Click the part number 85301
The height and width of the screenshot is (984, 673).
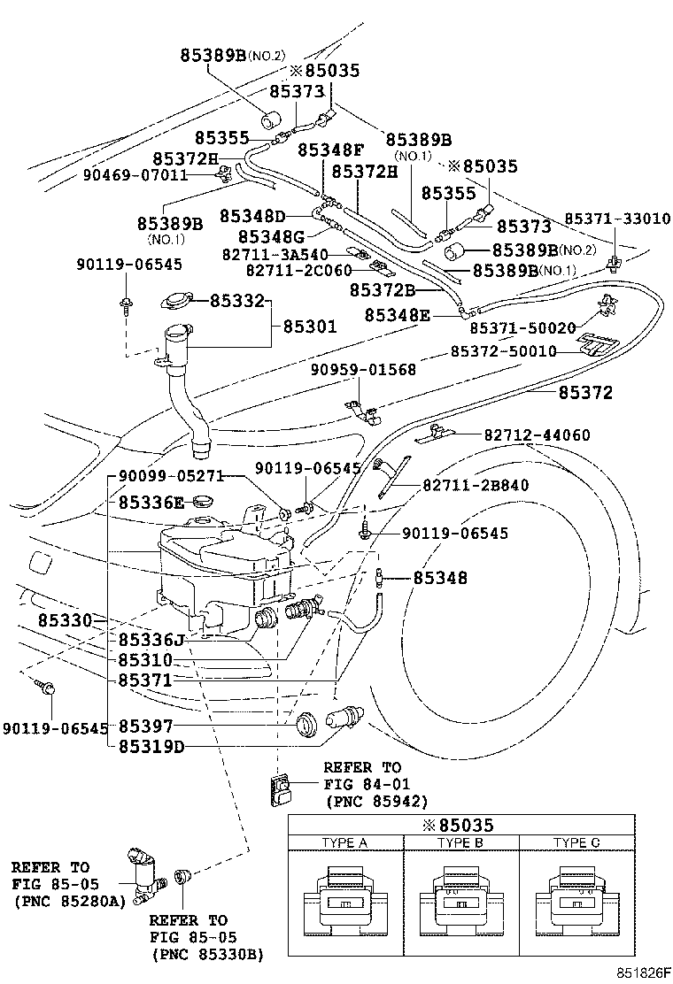pyautogui.click(x=310, y=327)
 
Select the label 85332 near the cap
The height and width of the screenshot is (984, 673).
pyautogui.click(x=237, y=301)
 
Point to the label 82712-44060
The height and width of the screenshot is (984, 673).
pyautogui.click(x=537, y=435)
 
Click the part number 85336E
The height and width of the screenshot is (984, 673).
pyautogui.click(x=151, y=502)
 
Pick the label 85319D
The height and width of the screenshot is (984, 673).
pyautogui.click(x=151, y=745)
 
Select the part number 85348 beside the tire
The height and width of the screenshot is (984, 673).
pyautogui.click(x=440, y=578)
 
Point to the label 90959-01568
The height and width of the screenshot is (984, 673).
pyautogui.click(x=363, y=369)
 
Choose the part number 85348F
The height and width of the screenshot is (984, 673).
pyautogui.click(x=330, y=149)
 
